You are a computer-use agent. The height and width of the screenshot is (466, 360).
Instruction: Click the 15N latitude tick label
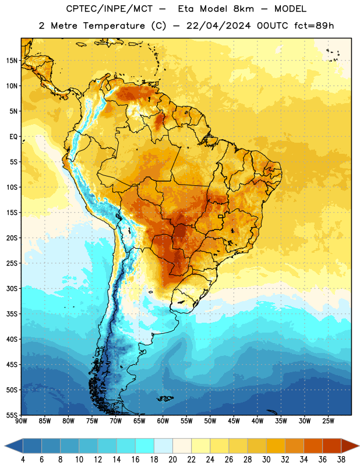tap(12, 61)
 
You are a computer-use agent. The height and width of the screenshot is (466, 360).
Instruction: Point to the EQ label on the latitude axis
tap(13, 137)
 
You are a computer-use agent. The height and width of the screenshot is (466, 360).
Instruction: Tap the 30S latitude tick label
tap(12, 288)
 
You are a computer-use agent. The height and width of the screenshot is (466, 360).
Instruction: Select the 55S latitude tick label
tap(12, 415)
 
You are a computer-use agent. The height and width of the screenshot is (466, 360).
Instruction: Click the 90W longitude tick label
tap(22, 421)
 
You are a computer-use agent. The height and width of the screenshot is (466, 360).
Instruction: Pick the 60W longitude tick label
tap(163, 421)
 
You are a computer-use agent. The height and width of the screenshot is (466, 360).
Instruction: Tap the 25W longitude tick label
tap(328, 421)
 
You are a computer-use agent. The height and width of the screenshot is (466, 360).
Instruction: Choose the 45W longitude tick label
tap(234, 421)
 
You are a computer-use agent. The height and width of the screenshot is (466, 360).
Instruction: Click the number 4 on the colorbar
tap(23, 460)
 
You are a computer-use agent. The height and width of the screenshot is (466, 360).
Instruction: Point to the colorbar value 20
tap(172, 460)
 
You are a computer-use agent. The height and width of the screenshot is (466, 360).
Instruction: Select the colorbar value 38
tap(341, 460)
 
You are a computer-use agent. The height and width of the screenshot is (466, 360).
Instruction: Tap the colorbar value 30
tap(266, 460)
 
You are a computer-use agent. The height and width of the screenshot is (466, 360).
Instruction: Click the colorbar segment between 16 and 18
tap(144, 446)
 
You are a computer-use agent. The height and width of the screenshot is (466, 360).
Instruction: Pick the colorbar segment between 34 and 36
tap(313, 446)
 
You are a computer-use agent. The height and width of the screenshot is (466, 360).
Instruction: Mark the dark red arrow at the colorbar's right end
tap(350, 446)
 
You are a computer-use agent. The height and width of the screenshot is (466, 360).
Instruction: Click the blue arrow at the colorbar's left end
tap(13, 446)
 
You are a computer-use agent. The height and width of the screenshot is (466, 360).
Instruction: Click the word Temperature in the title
tap(114, 26)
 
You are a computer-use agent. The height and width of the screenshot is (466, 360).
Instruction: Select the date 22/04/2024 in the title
tap(219, 26)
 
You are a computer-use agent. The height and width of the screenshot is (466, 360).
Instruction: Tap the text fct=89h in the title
tap(314, 26)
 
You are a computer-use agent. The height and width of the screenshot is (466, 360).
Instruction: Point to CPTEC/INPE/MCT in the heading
tap(110, 9)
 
